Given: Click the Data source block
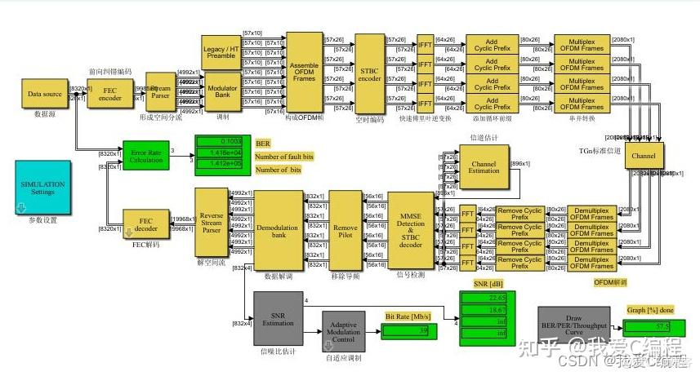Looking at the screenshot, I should (45, 95).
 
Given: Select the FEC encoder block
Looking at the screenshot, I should (109, 95).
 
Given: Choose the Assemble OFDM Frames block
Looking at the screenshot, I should (305, 73).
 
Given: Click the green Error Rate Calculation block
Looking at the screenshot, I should (145, 155).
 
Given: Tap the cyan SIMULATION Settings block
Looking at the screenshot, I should (42, 187).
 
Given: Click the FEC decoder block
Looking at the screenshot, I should (145, 223).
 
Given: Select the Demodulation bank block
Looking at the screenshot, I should (279, 229).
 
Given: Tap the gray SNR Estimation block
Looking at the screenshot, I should (279, 317).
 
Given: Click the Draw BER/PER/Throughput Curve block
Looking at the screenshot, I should (573, 321).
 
